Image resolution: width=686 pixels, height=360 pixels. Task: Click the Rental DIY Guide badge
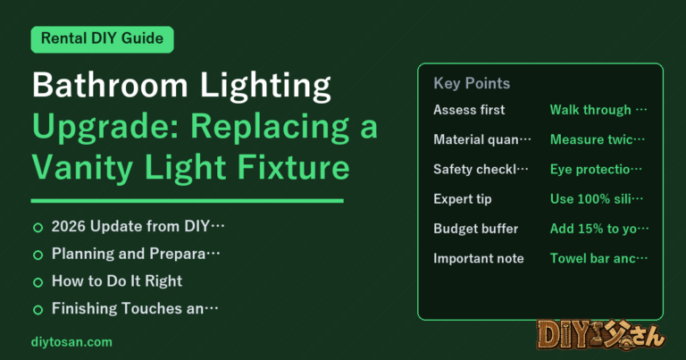click(103, 39)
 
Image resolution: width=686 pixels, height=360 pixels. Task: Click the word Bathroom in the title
click(110, 85)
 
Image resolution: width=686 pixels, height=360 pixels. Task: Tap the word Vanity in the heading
click(82, 169)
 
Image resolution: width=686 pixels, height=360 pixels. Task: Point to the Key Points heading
click(472, 83)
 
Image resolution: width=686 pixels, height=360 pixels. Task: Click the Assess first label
click(469, 110)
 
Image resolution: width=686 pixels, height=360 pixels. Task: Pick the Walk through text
click(598, 110)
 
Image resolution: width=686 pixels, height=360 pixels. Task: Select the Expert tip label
click(463, 199)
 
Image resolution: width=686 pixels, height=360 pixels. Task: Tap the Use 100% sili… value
click(597, 199)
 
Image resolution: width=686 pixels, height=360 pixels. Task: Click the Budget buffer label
click(475, 229)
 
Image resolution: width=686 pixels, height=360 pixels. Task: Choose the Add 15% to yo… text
click(599, 229)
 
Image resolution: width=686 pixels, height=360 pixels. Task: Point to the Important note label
click(479, 258)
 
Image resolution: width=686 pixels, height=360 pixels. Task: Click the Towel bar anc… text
click(598, 258)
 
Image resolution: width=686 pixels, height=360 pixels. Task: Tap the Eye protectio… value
click(596, 170)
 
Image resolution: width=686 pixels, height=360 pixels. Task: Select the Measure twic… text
click(598, 139)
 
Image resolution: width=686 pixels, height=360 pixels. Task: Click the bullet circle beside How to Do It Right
click(38, 282)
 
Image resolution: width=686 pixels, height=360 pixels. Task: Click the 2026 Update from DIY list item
click(138, 227)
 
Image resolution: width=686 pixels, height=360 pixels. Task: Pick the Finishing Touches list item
click(135, 308)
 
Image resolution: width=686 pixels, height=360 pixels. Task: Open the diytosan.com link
click(71, 342)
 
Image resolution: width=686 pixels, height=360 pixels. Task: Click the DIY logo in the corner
click(600, 336)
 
